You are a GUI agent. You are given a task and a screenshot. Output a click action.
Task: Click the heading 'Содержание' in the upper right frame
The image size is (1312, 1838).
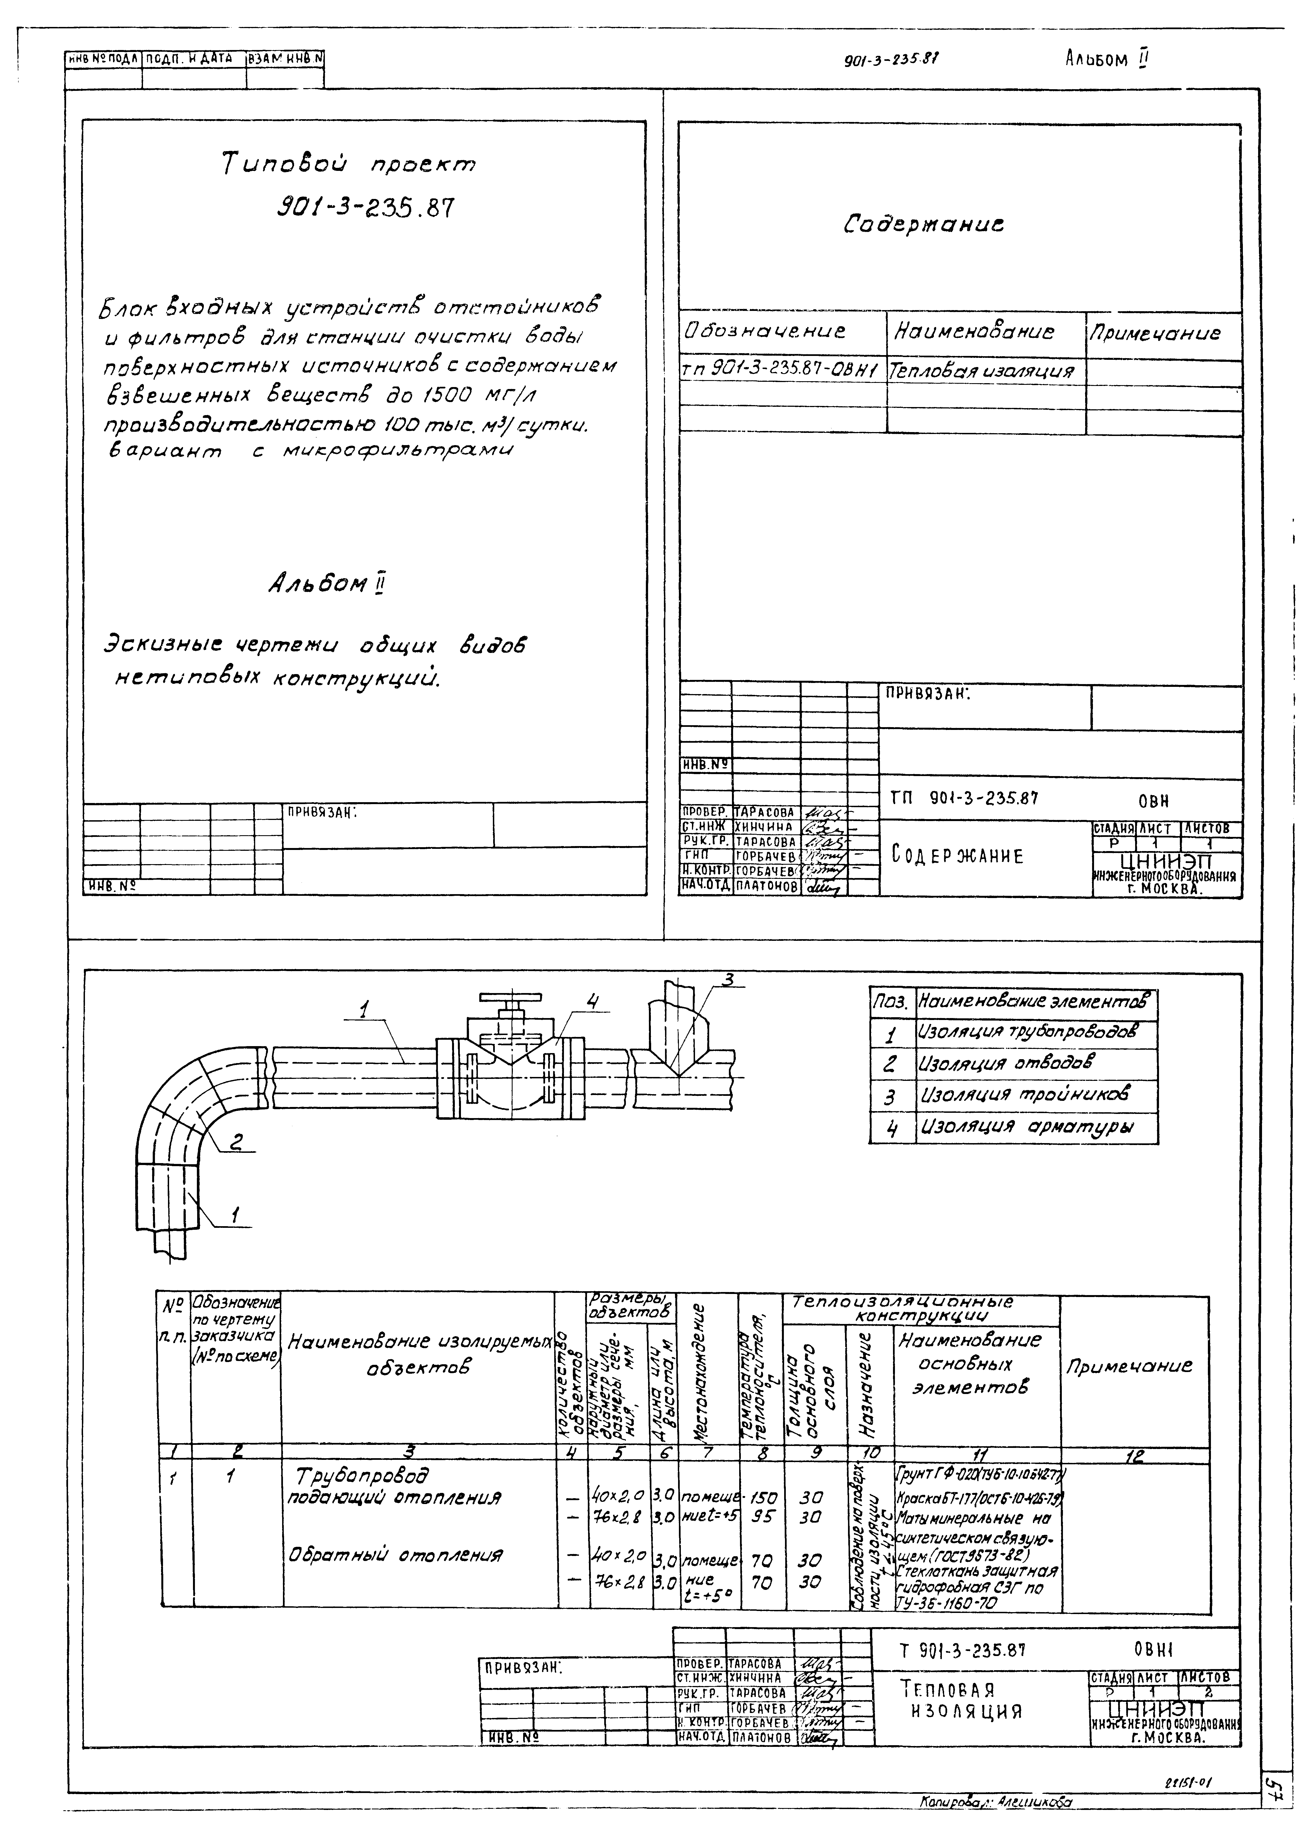pyautogui.click(x=924, y=224)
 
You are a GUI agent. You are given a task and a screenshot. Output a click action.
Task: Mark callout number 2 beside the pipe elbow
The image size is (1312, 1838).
pyautogui.click(x=237, y=1142)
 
